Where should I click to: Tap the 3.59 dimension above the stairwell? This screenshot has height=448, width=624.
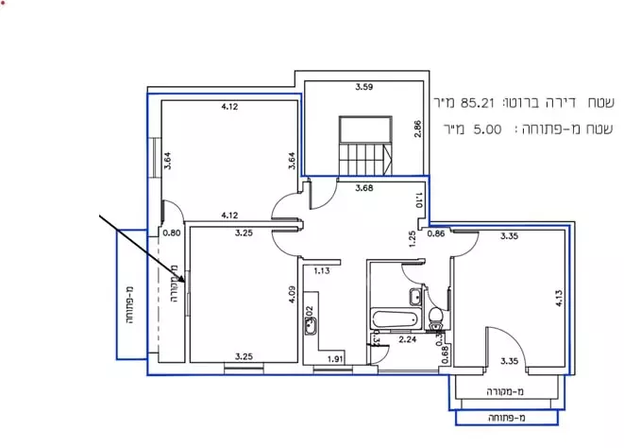point(363,88)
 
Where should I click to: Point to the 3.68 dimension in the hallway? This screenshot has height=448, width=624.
point(364,187)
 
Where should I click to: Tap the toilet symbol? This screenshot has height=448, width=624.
point(435,314)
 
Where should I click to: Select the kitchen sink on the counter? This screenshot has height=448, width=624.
point(312,328)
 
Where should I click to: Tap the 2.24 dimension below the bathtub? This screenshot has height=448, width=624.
point(408,338)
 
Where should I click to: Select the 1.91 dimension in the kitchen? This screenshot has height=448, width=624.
point(334,359)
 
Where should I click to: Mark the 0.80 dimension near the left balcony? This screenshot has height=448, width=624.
point(171,233)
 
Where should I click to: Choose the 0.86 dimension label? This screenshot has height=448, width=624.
point(436,233)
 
